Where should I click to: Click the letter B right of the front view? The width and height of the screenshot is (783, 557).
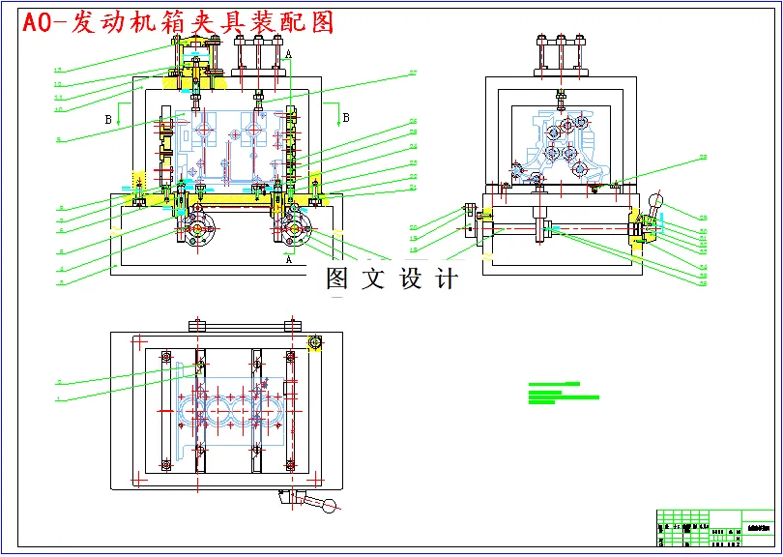pos(346,118)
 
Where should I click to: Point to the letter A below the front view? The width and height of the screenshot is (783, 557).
pos(288,259)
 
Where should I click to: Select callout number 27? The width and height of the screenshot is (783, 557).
pos(412,73)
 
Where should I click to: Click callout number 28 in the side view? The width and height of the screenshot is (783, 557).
pos(704,158)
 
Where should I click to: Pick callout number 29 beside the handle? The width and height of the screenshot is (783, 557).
pos(704,218)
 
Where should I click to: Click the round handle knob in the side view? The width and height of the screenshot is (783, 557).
pos(658,201)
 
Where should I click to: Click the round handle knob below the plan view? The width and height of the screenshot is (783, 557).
pos(333,505)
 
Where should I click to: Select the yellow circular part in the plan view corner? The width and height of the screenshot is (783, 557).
pos(314,343)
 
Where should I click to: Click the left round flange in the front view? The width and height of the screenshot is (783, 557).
pos(198,231)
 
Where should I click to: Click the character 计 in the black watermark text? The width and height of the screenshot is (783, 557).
pos(446,279)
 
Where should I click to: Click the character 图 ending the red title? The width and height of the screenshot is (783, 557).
pos(320,22)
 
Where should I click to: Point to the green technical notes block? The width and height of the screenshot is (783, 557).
pos(564,392)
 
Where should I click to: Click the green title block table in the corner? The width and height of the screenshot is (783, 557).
pos(715,528)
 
